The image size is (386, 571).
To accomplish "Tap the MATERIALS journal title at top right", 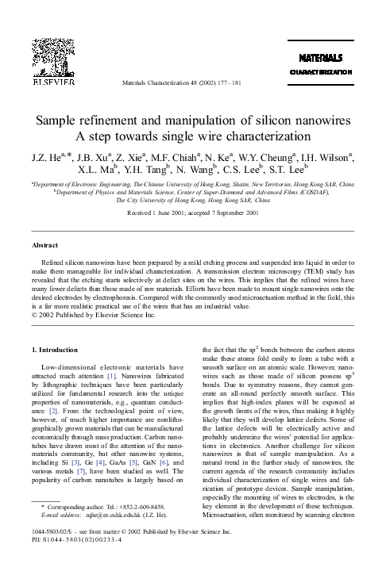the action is point(320,58).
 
